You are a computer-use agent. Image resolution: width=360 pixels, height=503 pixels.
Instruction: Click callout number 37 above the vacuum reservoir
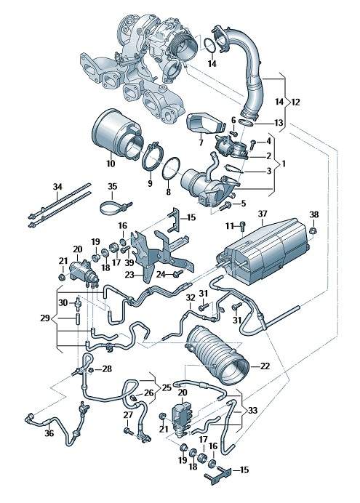(x=262, y=214)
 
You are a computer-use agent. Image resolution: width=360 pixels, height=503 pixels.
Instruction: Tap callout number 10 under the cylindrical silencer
(x=111, y=164)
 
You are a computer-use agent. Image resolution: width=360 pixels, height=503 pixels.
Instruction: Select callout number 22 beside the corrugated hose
(x=265, y=366)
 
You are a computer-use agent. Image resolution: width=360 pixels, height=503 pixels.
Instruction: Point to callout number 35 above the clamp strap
(x=112, y=186)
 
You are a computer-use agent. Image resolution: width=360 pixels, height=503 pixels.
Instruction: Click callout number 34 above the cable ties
(x=57, y=186)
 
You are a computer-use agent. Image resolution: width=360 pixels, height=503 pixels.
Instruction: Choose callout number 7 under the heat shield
(x=201, y=142)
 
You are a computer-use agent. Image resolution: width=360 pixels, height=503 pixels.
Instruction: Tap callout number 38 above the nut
(x=314, y=214)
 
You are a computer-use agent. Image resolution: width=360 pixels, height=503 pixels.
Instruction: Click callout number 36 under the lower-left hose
(x=49, y=433)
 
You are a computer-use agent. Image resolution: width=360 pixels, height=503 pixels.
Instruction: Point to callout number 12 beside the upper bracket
(x=295, y=102)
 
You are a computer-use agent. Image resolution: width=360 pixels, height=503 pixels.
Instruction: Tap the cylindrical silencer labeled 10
(x=117, y=134)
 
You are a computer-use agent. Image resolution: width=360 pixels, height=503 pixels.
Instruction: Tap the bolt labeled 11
(x=242, y=226)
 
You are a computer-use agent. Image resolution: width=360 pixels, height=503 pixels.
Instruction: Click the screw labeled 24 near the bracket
(x=177, y=273)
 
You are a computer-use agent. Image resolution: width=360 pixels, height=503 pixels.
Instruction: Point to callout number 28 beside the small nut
(x=107, y=369)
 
